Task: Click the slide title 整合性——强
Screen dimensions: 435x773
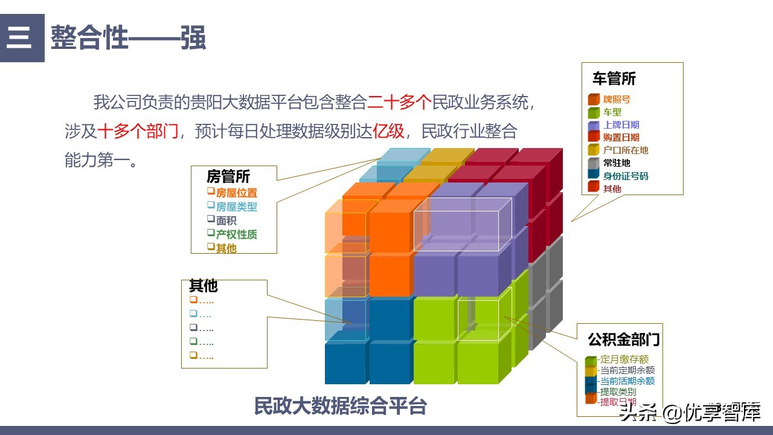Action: coord(128,37)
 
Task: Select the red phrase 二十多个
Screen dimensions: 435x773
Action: coord(398,102)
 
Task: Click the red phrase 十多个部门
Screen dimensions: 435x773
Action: coord(138,131)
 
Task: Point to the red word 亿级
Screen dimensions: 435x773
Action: coord(388,131)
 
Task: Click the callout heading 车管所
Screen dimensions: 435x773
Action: coord(614,79)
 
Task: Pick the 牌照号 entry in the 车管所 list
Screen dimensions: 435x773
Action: coord(616,99)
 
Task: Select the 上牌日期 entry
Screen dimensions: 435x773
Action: coord(621,124)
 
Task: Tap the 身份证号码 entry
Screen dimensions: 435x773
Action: coord(625,176)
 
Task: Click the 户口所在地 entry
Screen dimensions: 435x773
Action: coord(625,150)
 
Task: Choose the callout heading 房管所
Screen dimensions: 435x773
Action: coord(228,176)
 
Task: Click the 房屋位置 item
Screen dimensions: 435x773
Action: coord(236,193)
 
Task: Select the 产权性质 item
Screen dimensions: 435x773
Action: coord(236,234)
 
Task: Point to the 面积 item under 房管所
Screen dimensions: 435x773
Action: coord(226,221)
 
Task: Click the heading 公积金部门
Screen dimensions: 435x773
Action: coord(623,339)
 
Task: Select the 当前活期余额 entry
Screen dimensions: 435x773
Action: coord(627,381)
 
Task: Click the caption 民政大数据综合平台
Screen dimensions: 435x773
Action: coord(340,406)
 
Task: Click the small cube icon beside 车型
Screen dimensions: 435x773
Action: coord(593,112)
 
